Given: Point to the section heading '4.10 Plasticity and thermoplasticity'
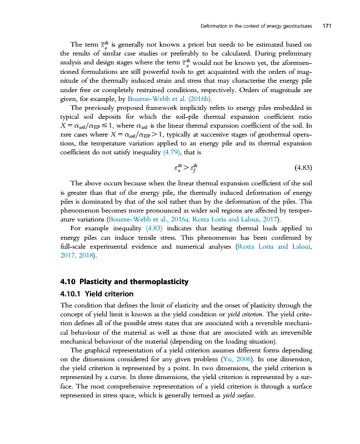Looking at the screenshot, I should (124, 282).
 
